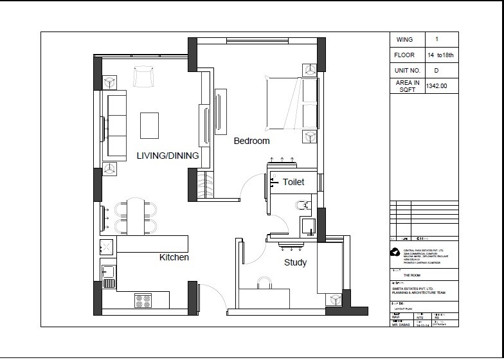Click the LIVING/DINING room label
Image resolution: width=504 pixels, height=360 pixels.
coord(167,156)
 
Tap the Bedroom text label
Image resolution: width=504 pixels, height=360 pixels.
coord(251,141)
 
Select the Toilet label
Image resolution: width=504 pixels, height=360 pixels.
coord(293,183)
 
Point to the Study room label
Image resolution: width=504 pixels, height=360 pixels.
coord(295,262)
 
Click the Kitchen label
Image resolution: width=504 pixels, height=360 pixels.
coord(174,257)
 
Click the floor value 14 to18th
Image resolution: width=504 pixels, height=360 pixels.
coord(441,55)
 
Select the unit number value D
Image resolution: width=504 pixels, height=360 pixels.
coord(437,70)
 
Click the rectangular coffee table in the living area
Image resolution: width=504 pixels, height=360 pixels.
coord(150,125)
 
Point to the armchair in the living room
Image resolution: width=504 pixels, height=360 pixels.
coord(143,76)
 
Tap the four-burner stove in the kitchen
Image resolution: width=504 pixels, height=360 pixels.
coord(143,300)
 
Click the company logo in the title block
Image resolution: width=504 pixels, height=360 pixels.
coord(395,253)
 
